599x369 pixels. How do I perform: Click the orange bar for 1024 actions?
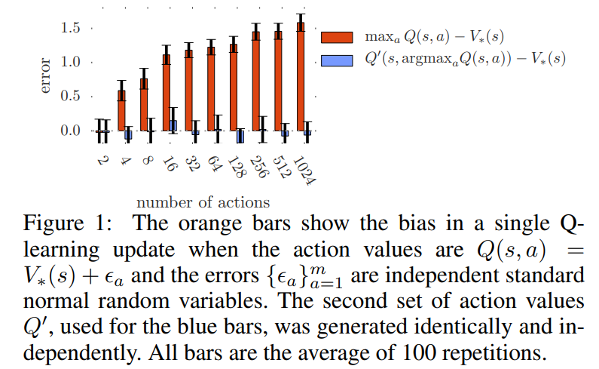click(300, 75)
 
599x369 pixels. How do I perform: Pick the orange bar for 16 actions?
click(166, 92)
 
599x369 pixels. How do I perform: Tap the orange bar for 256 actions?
click(255, 81)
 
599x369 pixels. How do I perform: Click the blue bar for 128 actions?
click(240, 136)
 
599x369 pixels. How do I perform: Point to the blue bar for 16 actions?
click(173, 125)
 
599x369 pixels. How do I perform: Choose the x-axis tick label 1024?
click(304, 171)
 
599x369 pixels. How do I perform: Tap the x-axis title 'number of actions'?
click(203, 202)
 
